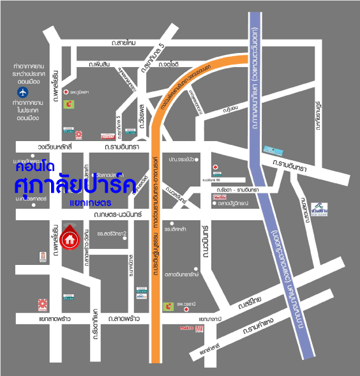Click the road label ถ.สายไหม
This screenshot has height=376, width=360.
123,43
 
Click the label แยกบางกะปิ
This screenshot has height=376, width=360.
211,317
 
